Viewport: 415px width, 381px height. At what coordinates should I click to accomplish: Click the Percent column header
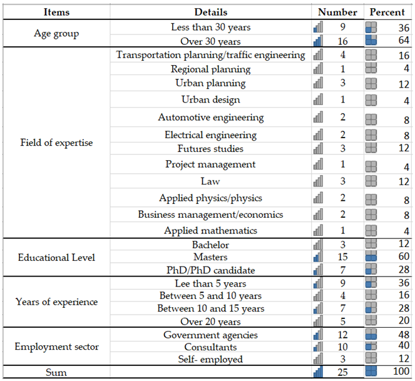point(387,12)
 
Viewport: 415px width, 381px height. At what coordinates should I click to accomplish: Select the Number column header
point(337,12)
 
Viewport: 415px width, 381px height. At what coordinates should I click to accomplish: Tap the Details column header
point(211,12)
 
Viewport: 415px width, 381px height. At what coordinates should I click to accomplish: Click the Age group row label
point(56,34)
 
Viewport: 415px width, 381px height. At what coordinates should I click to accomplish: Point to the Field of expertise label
point(56,143)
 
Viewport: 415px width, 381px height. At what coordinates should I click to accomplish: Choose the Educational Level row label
point(56,257)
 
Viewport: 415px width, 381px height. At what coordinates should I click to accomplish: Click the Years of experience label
point(56,302)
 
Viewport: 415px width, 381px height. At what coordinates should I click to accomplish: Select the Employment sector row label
point(56,347)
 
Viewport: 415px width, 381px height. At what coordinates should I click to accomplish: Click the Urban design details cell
point(211,99)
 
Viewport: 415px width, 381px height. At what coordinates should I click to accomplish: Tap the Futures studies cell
point(211,148)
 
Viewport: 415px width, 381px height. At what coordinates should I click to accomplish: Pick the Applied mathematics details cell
point(211,230)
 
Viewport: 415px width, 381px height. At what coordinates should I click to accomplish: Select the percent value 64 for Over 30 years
point(404,41)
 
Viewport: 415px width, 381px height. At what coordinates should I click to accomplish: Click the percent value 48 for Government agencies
point(404,335)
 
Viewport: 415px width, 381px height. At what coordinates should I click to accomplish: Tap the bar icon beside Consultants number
point(319,347)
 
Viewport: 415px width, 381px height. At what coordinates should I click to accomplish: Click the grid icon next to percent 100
point(371,373)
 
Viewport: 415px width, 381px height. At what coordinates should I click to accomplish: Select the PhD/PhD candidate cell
point(211,270)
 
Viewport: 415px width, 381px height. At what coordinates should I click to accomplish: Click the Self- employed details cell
point(211,359)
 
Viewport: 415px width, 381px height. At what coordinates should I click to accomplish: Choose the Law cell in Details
point(211,181)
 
